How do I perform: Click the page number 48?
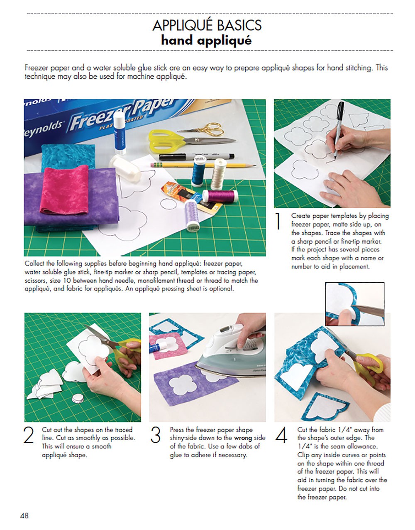(x=24, y=516)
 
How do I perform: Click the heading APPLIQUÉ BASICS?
(x=207, y=25)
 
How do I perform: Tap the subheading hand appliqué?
(x=206, y=41)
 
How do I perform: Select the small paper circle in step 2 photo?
(x=78, y=398)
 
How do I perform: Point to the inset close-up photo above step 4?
(x=355, y=303)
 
